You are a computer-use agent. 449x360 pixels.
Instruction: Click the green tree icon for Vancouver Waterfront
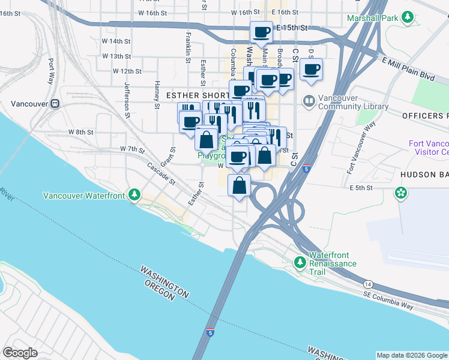pyautogui.click(x=135, y=195)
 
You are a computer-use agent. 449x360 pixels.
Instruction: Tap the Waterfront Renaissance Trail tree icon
pyautogui.click(x=300, y=262)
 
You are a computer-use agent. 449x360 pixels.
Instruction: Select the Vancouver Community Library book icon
pyautogui.click(x=309, y=100)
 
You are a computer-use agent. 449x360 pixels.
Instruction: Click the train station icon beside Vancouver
pyautogui.click(x=55, y=103)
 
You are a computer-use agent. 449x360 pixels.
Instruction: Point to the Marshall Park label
pyautogui.click(x=372, y=19)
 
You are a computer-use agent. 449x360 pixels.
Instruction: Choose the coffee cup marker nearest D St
pyautogui.click(x=311, y=69)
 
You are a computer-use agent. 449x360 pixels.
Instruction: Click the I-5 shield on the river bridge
pyautogui.click(x=209, y=332)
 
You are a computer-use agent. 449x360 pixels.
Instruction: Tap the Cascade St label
pyautogui.click(x=160, y=174)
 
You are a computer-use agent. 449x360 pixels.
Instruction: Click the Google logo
pyautogui.click(x=20, y=353)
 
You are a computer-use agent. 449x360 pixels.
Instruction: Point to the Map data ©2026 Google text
pyautogui.click(x=411, y=355)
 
